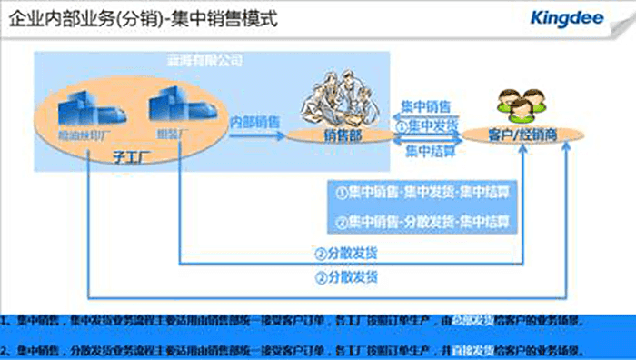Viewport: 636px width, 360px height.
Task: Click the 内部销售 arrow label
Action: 254,121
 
